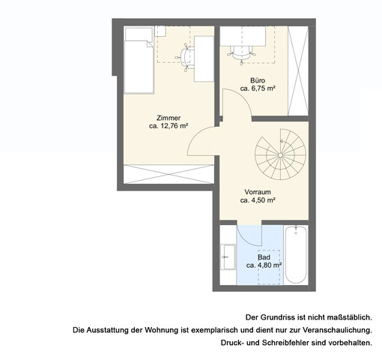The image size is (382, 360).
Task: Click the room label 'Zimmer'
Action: (169, 118)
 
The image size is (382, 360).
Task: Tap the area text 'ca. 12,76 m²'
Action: (169, 127)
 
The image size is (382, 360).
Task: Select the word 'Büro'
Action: (258, 79)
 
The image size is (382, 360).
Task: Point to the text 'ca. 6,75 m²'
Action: (258, 88)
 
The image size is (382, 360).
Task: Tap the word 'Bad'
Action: (264, 256)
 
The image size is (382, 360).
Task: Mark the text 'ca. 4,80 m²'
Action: (264, 265)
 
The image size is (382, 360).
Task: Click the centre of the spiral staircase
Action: (280, 154)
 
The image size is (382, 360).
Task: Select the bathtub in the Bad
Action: (296, 255)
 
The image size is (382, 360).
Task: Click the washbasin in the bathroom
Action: (226, 257)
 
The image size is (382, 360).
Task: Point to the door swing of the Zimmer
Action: (201, 139)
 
